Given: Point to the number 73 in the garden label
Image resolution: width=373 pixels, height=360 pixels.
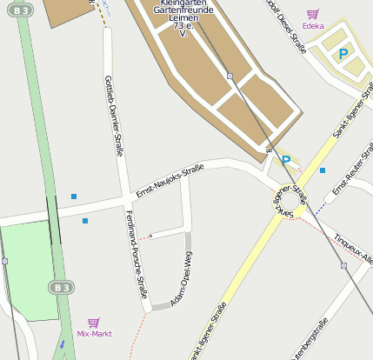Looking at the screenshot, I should pos(179,26).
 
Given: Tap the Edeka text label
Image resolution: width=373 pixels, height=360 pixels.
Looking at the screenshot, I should pos(313,26).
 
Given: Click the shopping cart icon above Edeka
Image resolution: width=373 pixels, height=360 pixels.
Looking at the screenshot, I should pos(312,14).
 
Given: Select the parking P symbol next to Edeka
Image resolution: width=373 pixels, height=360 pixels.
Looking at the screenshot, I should pos(343,54).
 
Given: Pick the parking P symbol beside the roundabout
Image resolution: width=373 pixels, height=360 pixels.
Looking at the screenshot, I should pos(285,160).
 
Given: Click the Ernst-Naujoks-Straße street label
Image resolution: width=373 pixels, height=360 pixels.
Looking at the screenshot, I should pos(170,182).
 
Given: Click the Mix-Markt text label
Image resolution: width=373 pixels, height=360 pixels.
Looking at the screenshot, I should pos(94,333).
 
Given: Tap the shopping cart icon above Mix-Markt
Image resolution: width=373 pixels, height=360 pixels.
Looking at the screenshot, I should pos(94,322).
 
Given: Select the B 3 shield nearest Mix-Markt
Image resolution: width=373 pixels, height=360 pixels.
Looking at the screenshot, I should pos(59,287).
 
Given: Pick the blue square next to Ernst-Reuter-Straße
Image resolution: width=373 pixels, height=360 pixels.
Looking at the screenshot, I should pos(323,170).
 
